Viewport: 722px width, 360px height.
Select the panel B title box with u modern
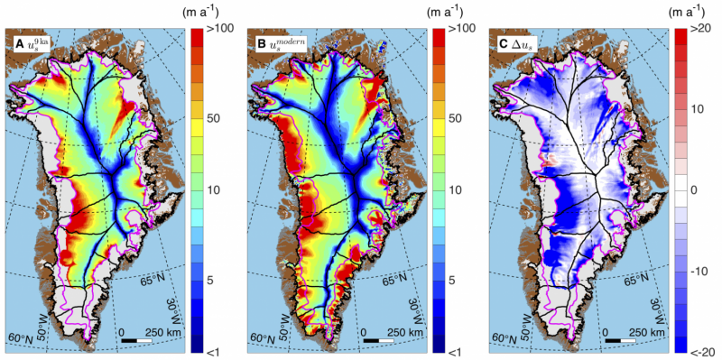click(x=277, y=42)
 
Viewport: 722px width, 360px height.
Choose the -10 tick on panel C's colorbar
click(x=701, y=271)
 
